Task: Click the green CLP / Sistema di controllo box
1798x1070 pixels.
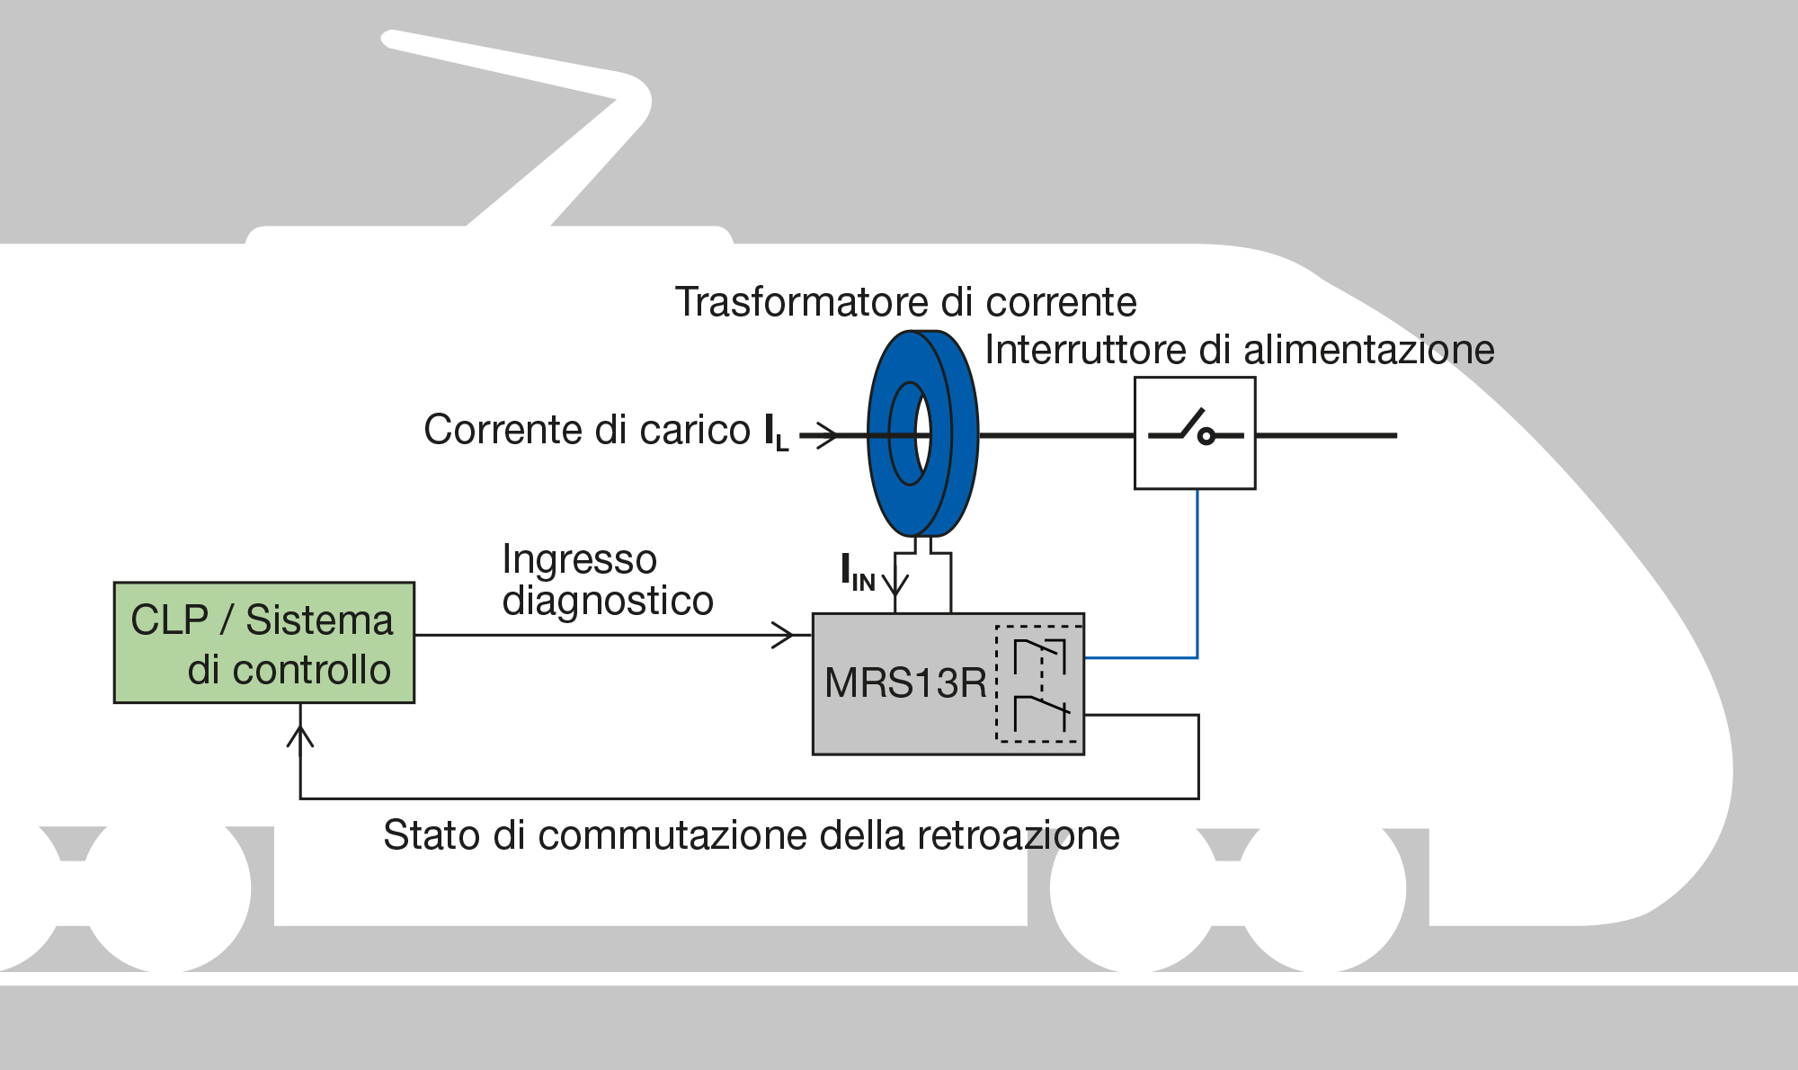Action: pos(263,642)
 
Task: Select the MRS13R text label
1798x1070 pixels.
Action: pos(905,683)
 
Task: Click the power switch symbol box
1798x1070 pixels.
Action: pos(1195,433)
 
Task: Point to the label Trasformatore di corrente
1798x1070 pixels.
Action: pos(905,302)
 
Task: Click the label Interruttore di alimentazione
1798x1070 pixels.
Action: pos(1239,350)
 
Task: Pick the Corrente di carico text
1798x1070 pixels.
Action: pos(586,430)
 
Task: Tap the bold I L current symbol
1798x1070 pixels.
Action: pos(776,432)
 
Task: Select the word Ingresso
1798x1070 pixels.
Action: pos(579,559)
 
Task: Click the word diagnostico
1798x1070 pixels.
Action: pos(608,601)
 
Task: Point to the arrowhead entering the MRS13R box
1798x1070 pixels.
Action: pos(784,635)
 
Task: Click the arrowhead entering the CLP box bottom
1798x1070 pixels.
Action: pos(300,736)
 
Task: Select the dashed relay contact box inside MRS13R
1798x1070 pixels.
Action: pos(1039,683)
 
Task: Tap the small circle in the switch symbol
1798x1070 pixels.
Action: pos(1206,437)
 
